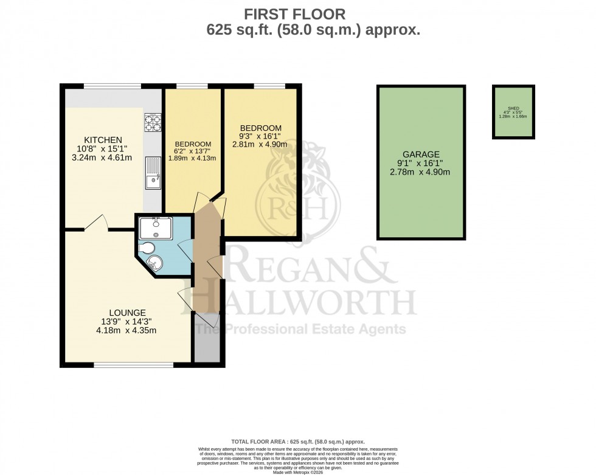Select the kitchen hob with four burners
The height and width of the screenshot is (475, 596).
pos(152,123)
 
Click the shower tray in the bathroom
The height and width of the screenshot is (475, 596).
pos(155,227)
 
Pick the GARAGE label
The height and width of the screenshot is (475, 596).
pos(420,154)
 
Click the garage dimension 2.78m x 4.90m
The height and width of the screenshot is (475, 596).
pos(420,173)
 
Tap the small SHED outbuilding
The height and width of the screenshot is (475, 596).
pos(514,112)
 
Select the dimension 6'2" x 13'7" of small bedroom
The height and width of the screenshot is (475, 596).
pos(192,151)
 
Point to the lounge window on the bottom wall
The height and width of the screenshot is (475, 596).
pos(134,366)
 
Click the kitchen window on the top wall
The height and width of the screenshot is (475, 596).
pos(113,86)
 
